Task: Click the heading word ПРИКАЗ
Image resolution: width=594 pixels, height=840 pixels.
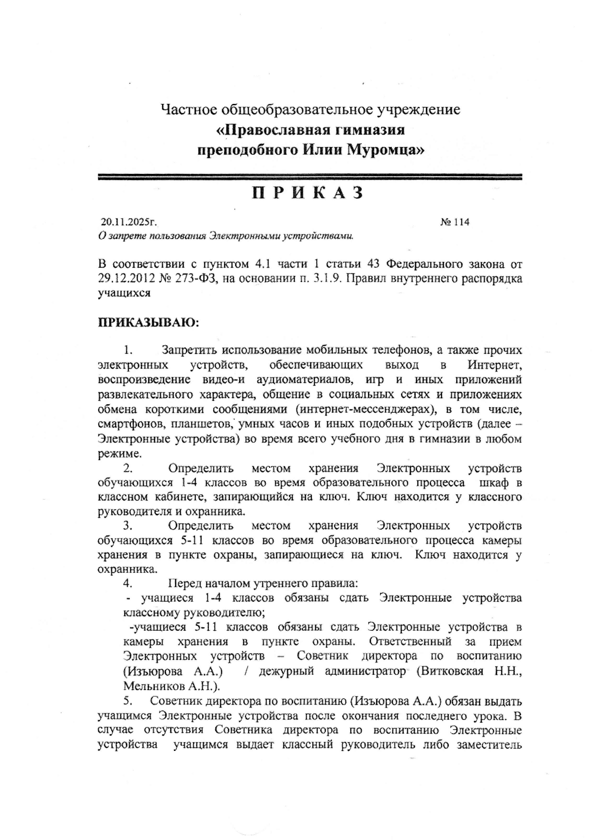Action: [308, 193]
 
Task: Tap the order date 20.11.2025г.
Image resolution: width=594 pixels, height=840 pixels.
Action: [129, 222]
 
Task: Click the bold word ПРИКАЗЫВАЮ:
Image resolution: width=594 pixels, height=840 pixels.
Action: [148, 322]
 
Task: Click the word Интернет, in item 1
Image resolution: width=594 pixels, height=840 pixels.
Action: [494, 365]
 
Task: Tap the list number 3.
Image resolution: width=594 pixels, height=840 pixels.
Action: [127, 526]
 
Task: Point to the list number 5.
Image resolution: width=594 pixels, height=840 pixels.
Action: [127, 701]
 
